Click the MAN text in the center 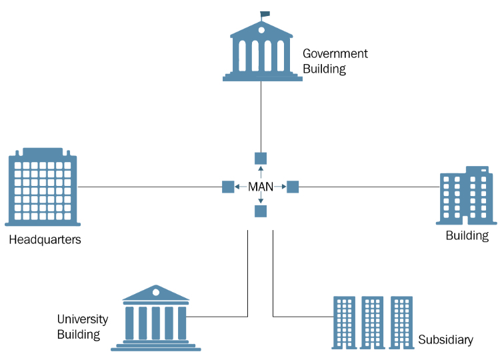(261, 187)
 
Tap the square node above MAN (261, 159)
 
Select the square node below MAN (261, 211)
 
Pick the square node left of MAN (228, 187)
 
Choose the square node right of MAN (293, 187)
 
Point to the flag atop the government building (265, 13)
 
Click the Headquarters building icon (42, 187)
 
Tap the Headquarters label (45, 239)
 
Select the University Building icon (156, 319)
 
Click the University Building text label (82, 327)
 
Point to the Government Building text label (335, 61)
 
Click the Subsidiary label (445, 340)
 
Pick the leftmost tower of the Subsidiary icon (344, 323)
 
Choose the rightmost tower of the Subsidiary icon (402, 323)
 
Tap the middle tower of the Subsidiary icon (373, 323)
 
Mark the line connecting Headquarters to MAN (150, 187)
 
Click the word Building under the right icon (467, 235)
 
